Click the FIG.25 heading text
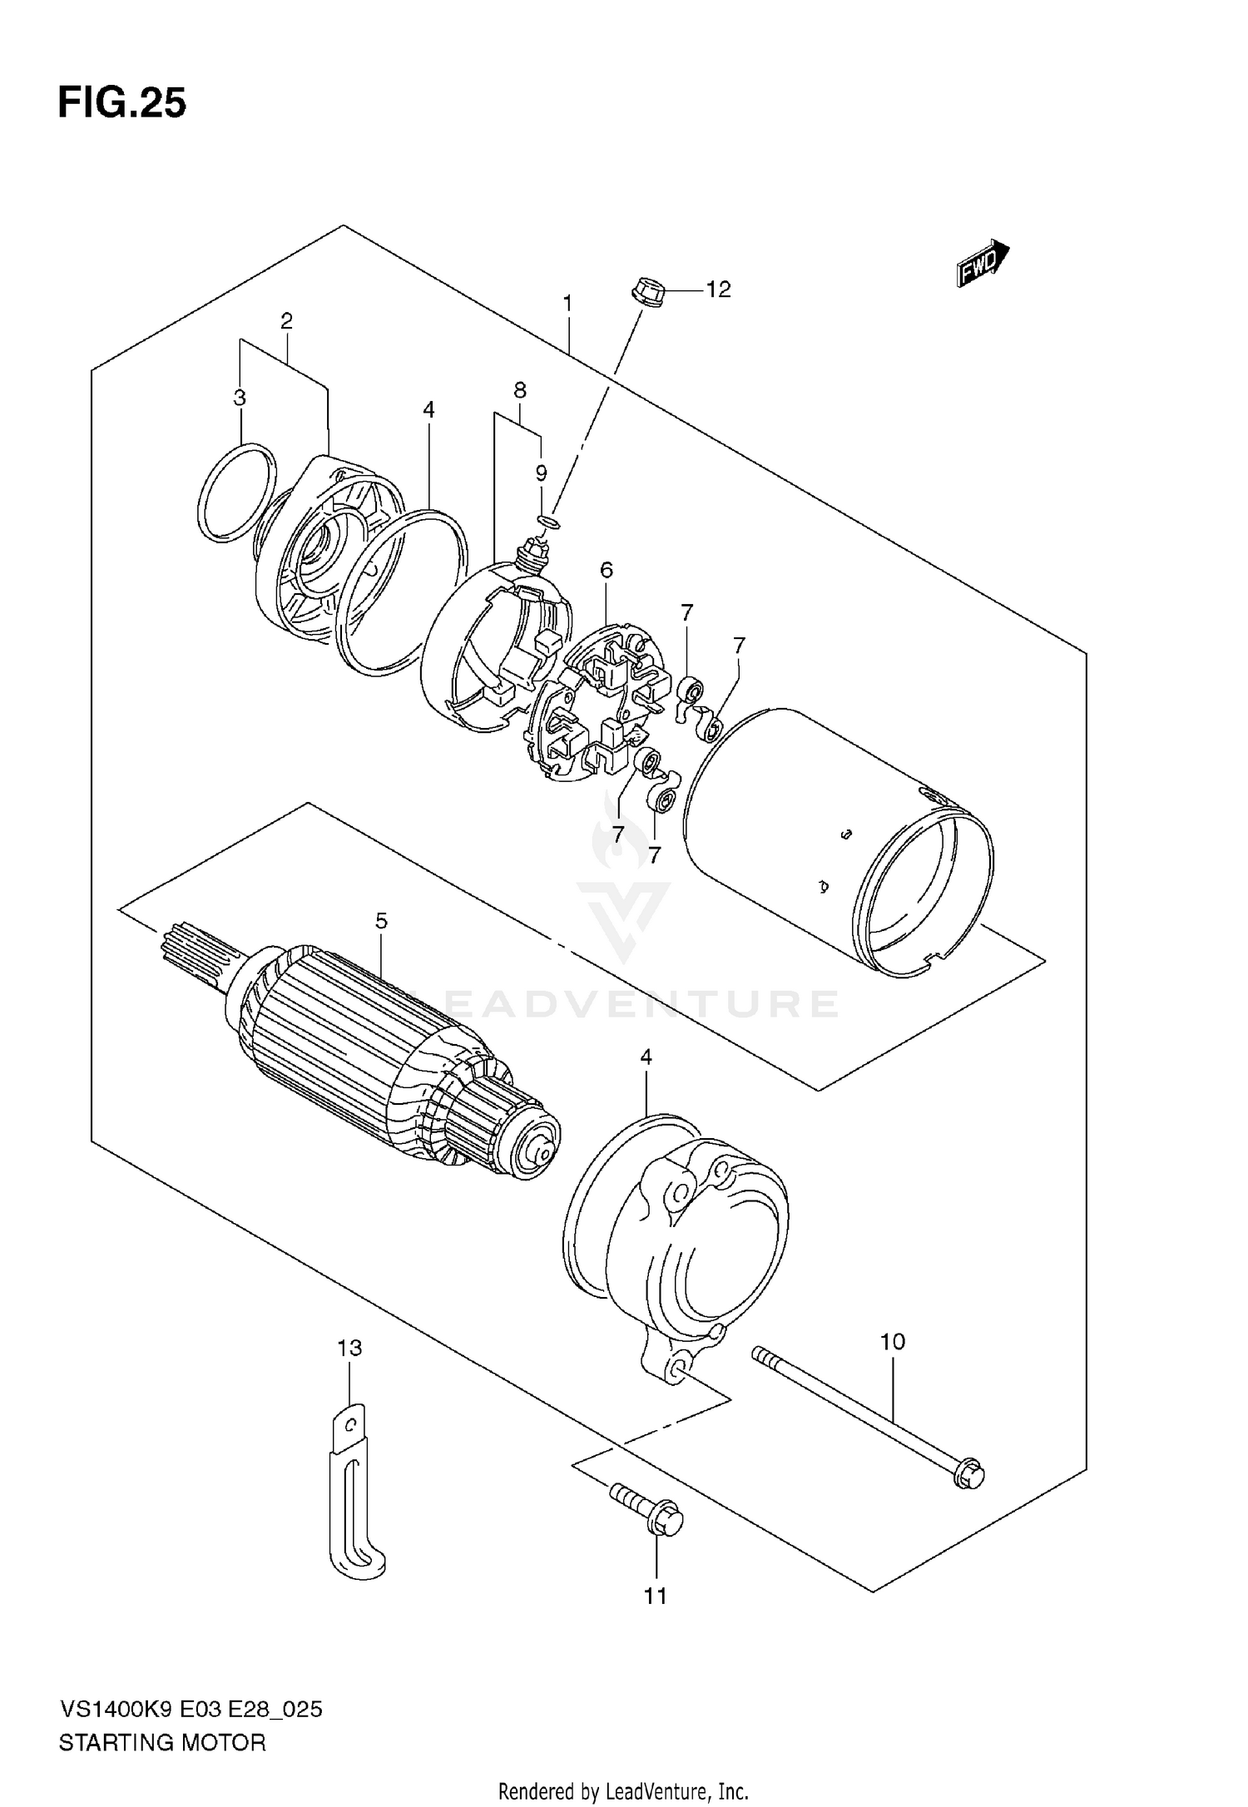(122, 104)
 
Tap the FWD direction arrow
(983, 265)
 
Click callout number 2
(286, 321)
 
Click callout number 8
(519, 389)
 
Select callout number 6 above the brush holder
(606, 570)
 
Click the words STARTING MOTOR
(162, 1743)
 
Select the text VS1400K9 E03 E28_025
(191, 1710)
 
